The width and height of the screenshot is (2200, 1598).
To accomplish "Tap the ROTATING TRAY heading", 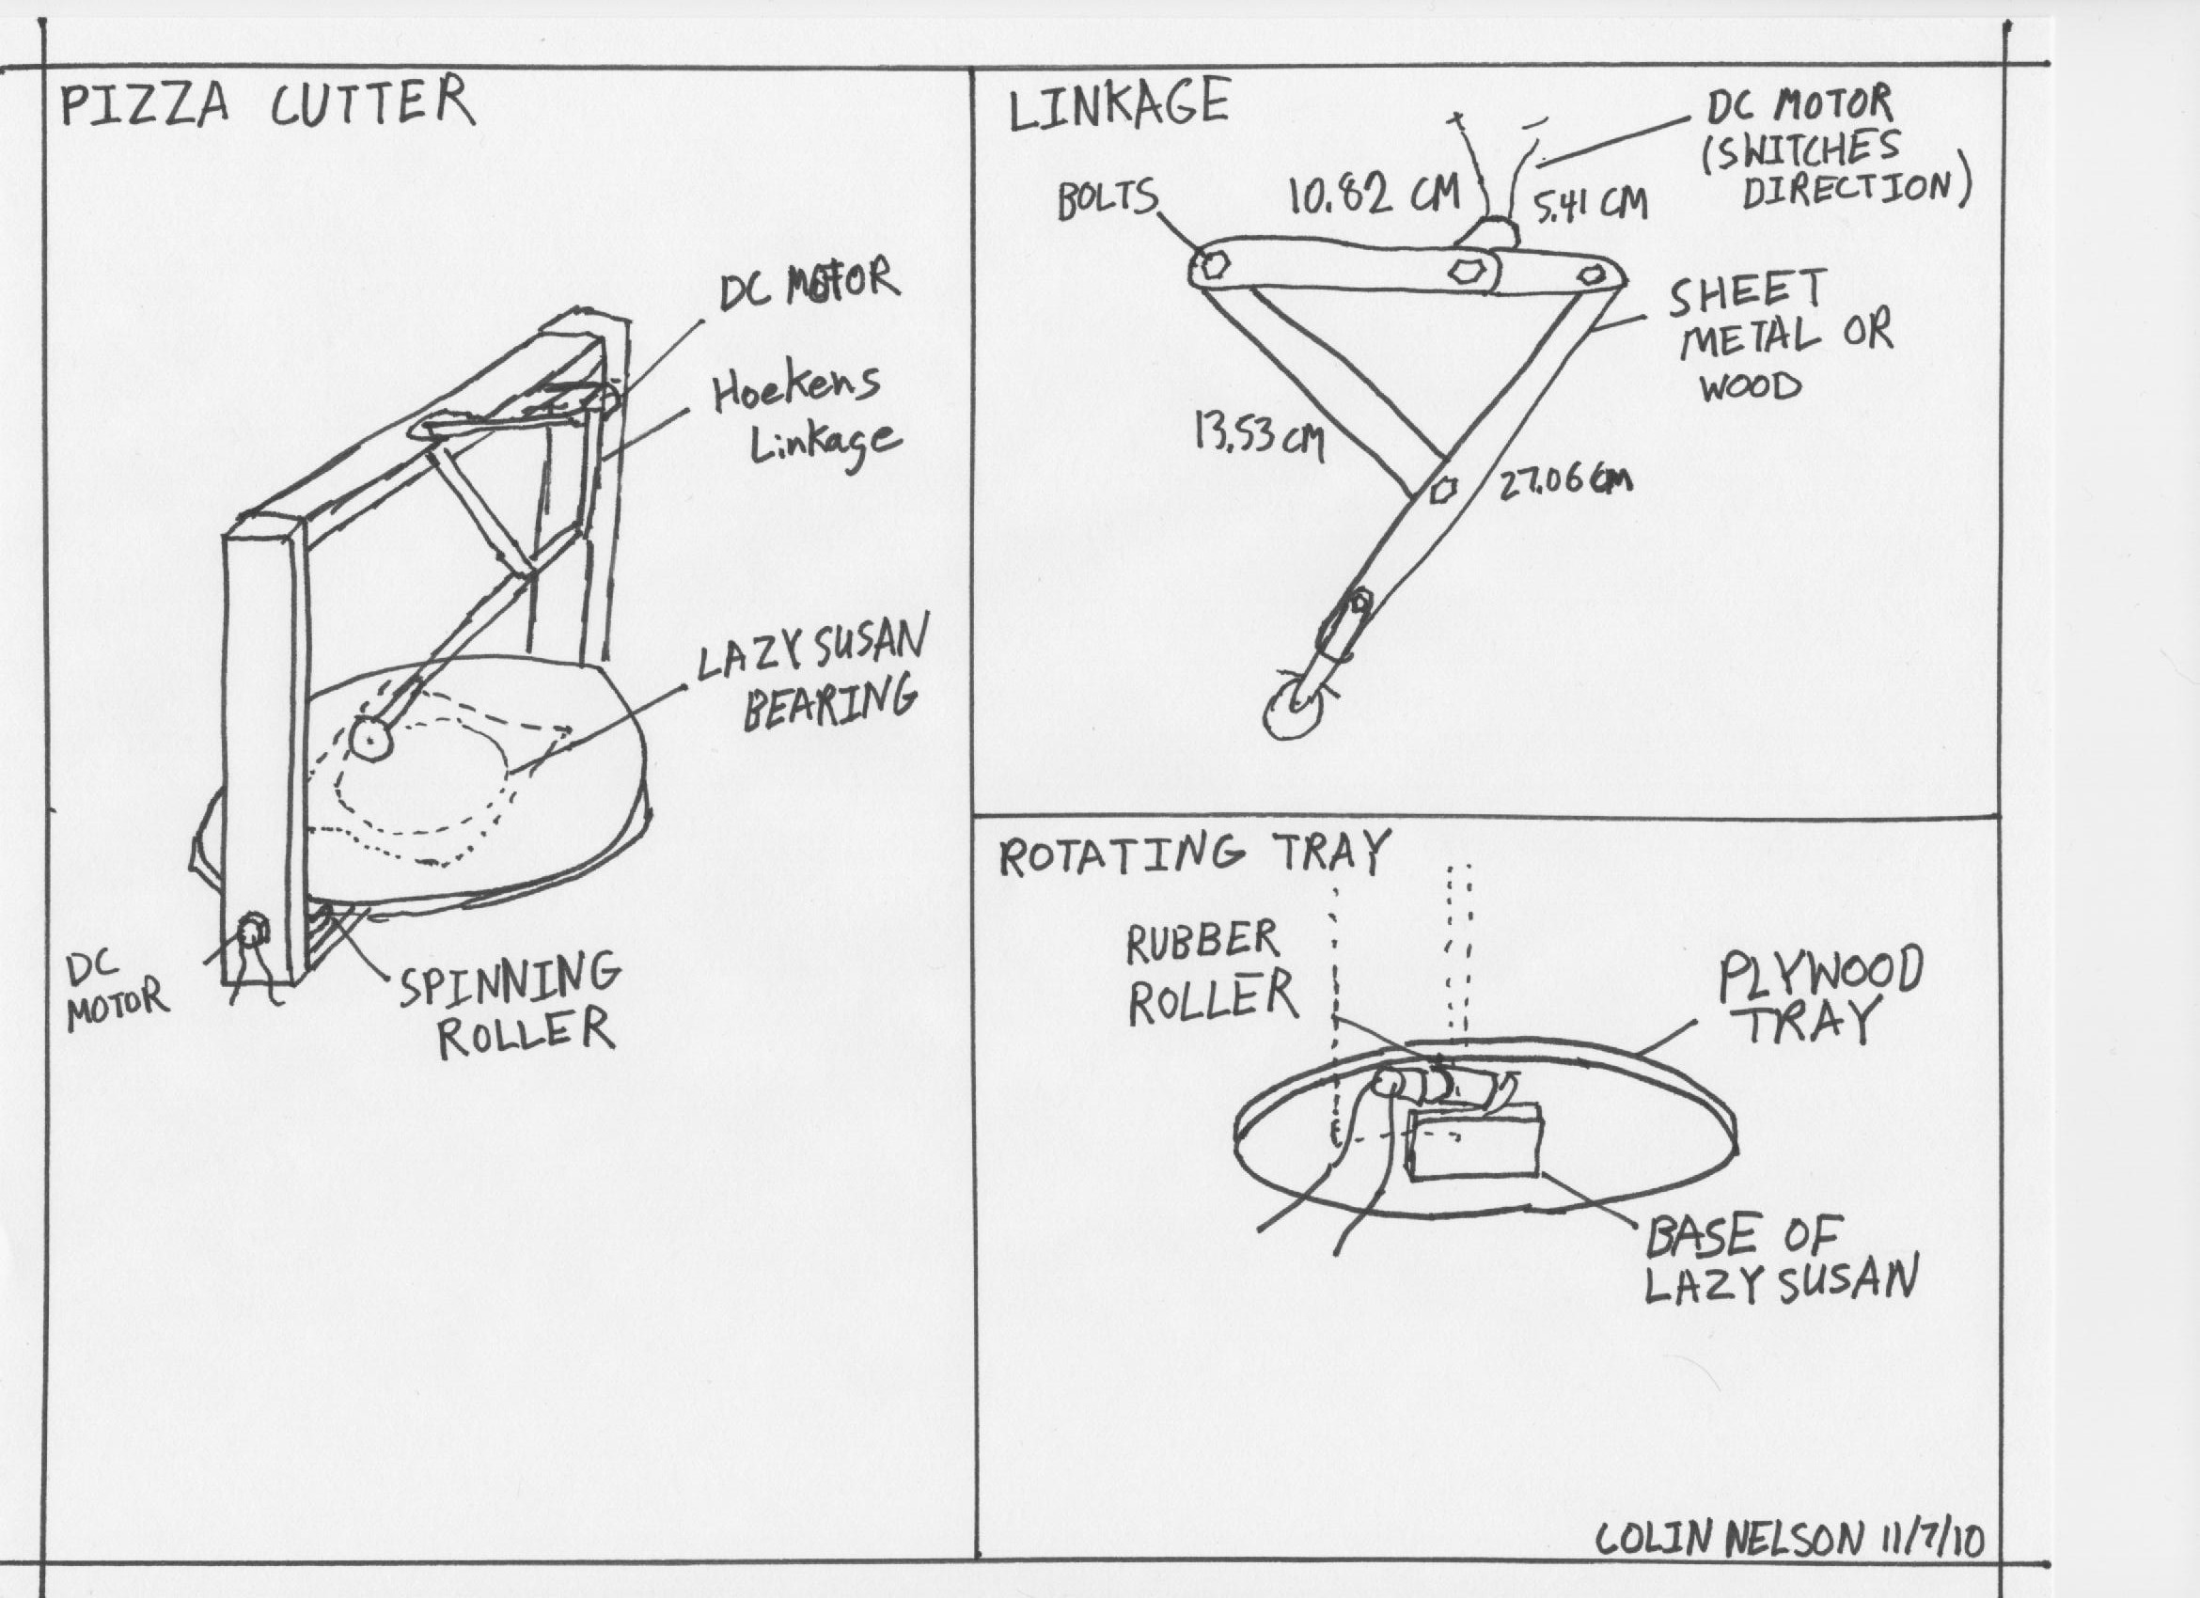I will (1193, 854).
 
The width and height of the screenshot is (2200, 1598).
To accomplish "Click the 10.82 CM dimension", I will (1373, 195).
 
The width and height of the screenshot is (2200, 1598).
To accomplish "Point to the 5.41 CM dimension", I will (1589, 205).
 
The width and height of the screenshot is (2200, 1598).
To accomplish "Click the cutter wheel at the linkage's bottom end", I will (1292, 714).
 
